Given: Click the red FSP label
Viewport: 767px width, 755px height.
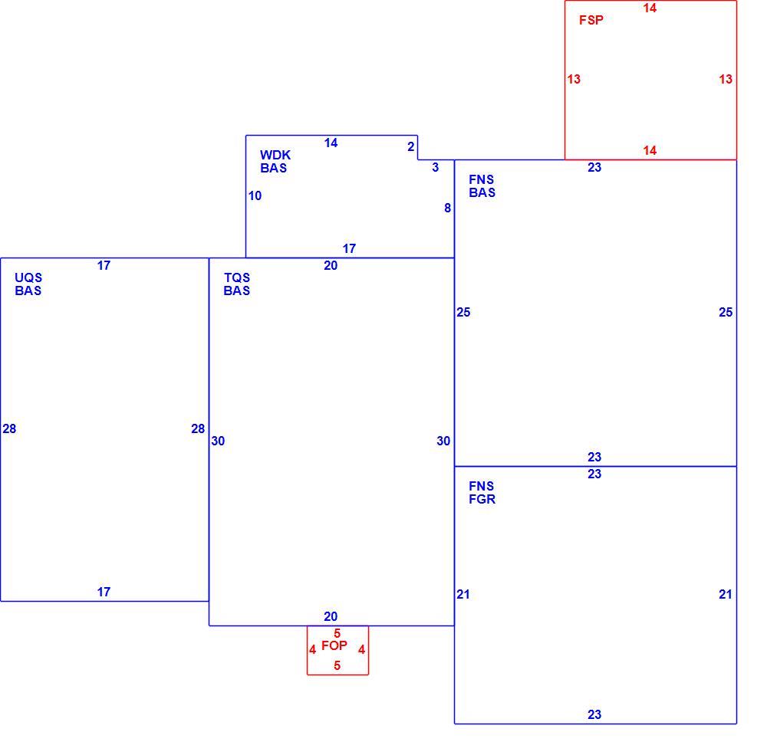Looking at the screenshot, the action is pyautogui.click(x=591, y=20).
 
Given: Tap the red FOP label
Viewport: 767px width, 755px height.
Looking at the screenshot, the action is pyautogui.click(x=334, y=645).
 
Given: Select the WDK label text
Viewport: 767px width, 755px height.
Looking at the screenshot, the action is pyautogui.click(x=275, y=155).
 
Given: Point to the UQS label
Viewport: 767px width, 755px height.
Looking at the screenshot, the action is pyautogui.click(x=28, y=277).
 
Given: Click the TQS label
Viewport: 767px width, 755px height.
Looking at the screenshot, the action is pyautogui.click(x=237, y=277).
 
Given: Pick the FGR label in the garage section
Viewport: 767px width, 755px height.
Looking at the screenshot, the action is pyautogui.click(x=482, y=499).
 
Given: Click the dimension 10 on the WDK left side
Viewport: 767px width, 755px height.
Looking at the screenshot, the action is pyautogui.click(x=255, y=196).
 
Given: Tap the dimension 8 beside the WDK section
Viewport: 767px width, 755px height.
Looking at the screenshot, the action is pyautogui.click(x=447, y=208).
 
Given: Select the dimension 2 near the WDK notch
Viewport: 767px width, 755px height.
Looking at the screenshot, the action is pyautogui.click(x=411, y=146).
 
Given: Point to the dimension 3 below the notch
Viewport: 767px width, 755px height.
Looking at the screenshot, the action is pyautogui.click(x=436, y=168).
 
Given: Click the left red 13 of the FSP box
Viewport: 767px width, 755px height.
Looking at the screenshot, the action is pyautogui.click(x=574, y=79).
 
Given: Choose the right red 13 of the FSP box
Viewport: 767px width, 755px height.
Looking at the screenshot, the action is pyautogui.click(x=726, y=79).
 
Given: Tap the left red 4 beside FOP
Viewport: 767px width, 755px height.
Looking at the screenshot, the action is pyautogui.click(x=313, y=650).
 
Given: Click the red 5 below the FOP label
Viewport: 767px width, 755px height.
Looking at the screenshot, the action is pyautogui.click(x=337, y=665).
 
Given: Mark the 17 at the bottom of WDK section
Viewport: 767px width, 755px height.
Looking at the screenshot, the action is pyautogui.click(x=349, y=249).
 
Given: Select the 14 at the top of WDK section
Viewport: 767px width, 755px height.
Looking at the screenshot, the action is pyautogui.click(x=331, y=143).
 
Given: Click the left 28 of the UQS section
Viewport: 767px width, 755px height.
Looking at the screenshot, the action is pyautogui.click(x=9, y=428).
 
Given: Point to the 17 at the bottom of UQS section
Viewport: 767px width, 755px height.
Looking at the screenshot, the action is pyautogui.click(x=104, y=593).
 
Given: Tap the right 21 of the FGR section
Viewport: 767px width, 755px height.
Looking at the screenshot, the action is pyautogui.click(x=726, y=595).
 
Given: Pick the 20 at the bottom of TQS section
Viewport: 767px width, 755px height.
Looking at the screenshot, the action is pyautogui.click(x=331, y=616).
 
